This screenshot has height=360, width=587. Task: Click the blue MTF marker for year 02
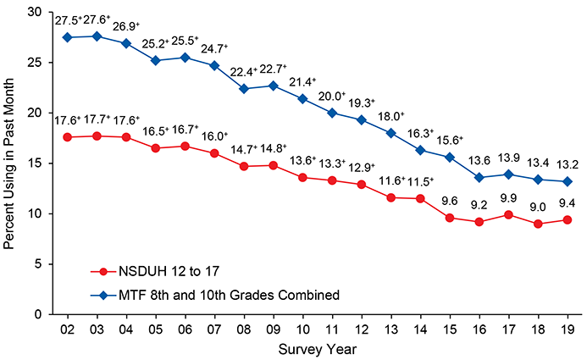(x=66, y=37)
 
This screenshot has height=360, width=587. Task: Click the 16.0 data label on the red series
(x=215, y=135)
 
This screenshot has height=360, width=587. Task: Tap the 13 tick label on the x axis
(x=390, y=329)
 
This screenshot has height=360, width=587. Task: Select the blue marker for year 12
(x=360, y=119)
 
